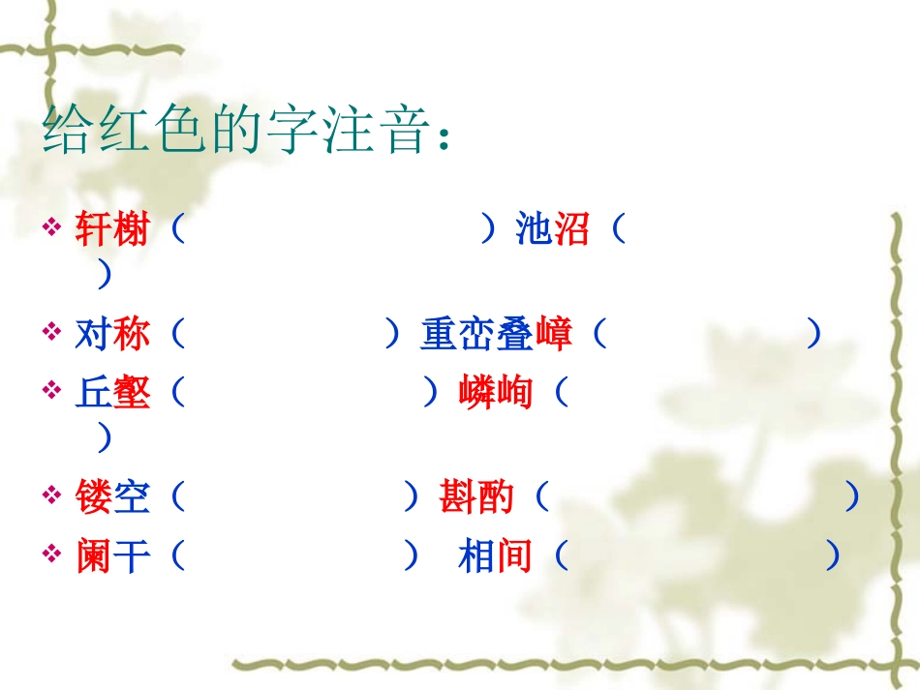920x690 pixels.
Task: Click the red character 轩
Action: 94,231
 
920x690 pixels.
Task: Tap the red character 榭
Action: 132,231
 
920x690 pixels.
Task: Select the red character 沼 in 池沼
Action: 571,231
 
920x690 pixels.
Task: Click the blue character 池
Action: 534,231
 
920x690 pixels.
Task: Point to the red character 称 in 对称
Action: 132,335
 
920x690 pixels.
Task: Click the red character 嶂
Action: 553,335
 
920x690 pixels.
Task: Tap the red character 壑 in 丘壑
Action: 132,394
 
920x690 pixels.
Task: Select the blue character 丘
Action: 94,394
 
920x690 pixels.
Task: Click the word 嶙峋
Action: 495,394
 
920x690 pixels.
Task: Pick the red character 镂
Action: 94,498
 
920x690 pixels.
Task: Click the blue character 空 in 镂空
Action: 132,498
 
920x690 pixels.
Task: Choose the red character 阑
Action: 94,557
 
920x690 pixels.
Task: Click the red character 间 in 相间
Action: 514,557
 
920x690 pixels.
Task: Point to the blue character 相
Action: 476,557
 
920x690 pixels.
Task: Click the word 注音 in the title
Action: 371,133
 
